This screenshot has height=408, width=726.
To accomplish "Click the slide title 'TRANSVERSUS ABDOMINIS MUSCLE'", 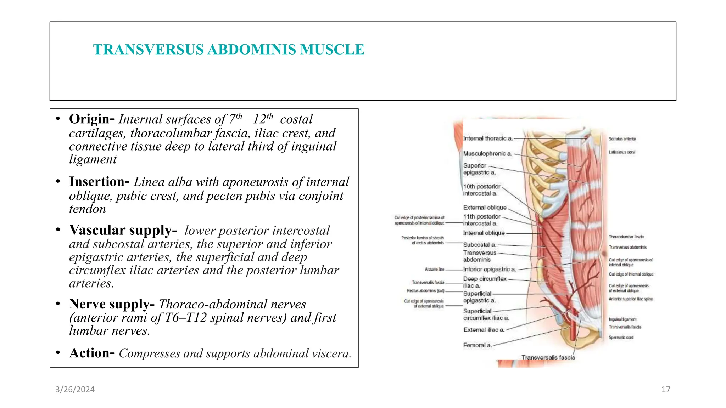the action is (229, 50).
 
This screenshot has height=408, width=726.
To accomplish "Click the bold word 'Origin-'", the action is (91, 119).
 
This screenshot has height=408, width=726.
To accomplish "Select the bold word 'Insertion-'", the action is (99, 182).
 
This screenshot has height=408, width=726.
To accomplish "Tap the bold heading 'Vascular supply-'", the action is (123, 230).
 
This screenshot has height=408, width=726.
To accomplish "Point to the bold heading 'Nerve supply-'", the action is (112, 304).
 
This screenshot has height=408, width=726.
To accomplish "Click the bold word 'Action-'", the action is (92, 353).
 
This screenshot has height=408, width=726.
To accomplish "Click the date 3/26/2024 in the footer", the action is (75, 390).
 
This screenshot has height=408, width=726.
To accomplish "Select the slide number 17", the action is (666, 390).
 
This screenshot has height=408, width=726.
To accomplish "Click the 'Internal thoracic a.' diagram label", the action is (488, 138).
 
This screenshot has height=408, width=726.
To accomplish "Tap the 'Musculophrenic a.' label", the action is (487, 154).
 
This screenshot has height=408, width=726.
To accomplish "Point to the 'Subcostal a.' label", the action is (480, 245).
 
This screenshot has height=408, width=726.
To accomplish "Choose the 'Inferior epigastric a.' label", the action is (489, 270).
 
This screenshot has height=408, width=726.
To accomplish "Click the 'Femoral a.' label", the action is (477, 345).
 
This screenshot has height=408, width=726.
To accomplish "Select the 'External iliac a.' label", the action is (484, 330).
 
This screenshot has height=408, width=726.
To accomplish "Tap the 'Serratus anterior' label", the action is (622, 139).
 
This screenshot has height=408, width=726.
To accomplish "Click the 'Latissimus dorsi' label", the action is (622, 152).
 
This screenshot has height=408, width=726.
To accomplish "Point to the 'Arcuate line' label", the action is (434, 270).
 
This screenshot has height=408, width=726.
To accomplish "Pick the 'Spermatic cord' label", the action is (621, 338).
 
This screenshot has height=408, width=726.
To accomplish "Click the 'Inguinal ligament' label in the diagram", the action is (622, 319).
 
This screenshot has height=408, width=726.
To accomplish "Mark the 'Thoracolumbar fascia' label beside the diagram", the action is (626, 237).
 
